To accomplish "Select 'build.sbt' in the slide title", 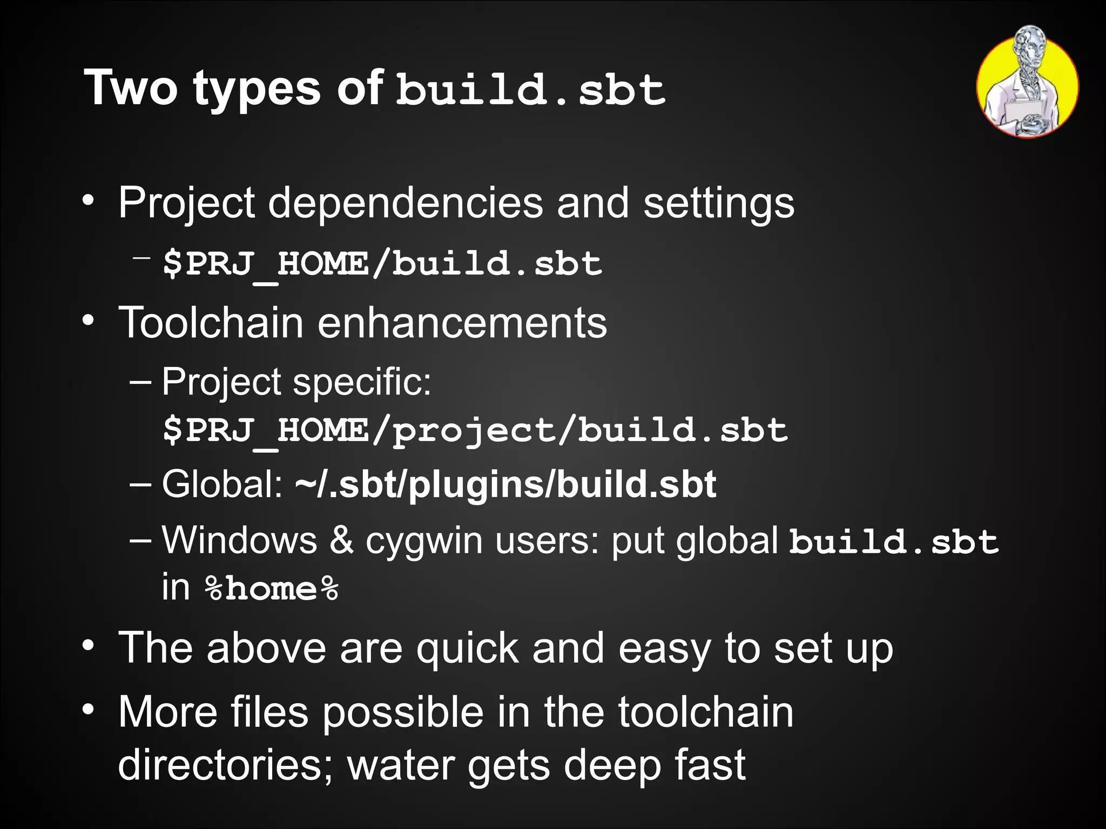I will click(x=531, y=89).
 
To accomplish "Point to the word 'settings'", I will click(x=718, y=204).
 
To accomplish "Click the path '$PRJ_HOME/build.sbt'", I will click(x=382, y=264).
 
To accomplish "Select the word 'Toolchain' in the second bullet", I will click(x=211, y=323).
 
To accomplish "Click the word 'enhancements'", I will click(x=462, y=323).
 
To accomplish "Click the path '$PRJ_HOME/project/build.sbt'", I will click(x=475, y=430).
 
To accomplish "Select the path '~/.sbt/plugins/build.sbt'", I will click(x=506, y=484).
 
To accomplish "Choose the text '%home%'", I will click(x=272, y=589).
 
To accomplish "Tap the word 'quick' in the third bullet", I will click(x=467, y=648).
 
